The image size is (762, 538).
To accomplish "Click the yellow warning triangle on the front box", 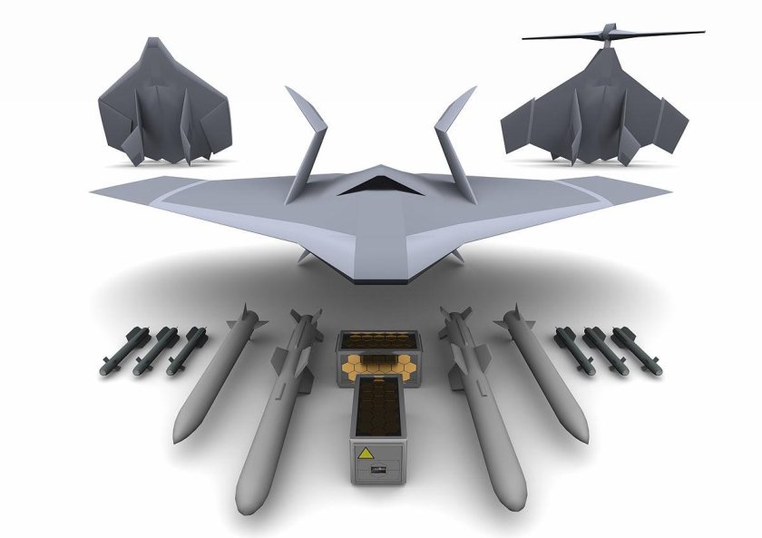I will pyautogui.click(x=368, y=452).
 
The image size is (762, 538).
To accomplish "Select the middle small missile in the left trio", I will pyautogui.click(x=156, y=351).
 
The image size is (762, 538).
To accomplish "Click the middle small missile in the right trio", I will pyautogui.click(x=601, y=351).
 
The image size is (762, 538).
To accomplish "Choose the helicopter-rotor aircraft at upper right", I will pyautogui.click(x=594, y=109).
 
